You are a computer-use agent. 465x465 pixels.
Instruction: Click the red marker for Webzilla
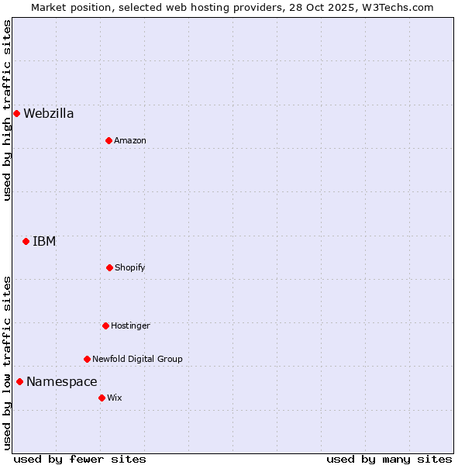point(16,113)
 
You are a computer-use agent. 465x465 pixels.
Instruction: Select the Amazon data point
point(108,140)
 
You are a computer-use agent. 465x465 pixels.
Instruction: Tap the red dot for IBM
point(26,241)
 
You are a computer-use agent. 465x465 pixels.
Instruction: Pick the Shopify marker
point(109,267)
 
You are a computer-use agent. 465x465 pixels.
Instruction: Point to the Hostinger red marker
point(105,325)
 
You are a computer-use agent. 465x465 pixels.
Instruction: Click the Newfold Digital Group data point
point(87,359)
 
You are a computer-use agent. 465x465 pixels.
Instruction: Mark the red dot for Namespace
point(19,381)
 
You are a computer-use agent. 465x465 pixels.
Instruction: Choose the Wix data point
point(102,398)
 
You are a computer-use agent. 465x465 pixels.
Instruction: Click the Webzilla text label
point(49,114)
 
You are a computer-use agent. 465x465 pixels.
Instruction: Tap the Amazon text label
point(130,140)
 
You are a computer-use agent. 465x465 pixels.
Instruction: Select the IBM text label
point(44,241)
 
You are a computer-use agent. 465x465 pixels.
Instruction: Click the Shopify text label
point(130,267)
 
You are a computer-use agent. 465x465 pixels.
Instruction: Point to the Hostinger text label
point(130,325)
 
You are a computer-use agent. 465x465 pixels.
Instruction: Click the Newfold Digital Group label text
point(137,359)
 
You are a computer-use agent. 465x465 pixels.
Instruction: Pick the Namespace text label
point(62,381)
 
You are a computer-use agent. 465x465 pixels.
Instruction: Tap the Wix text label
point(115,398)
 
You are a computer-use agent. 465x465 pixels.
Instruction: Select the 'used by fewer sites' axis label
point(80,459)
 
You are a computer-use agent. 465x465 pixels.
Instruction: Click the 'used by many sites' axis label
point(389,459)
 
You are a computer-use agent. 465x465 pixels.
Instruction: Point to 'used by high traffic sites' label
point(7,110)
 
